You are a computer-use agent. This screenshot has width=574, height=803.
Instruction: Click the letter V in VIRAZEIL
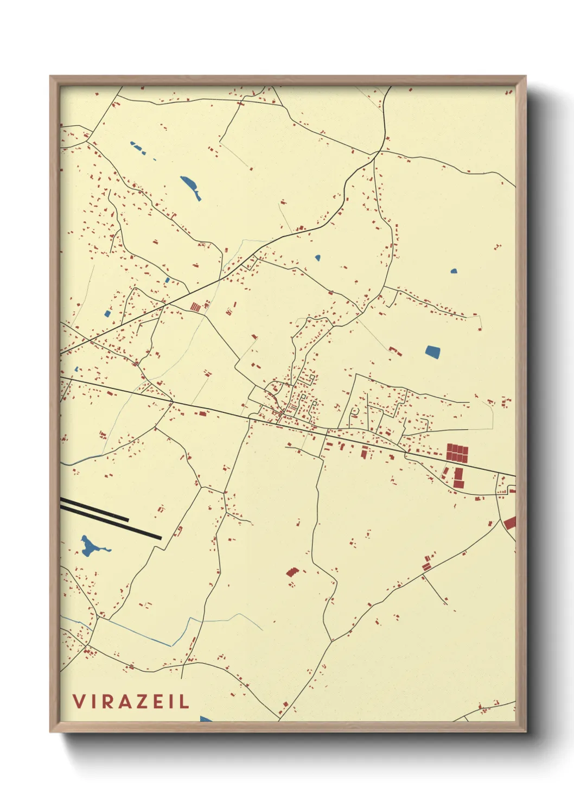pos(79,701)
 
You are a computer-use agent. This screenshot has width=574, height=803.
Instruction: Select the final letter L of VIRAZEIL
pos(184,701)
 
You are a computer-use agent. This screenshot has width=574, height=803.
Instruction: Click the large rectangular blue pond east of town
pos(432,352)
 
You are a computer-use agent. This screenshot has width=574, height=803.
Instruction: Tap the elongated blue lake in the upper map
pos(191,187)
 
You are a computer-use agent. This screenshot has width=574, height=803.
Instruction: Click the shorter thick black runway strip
pos(95,510)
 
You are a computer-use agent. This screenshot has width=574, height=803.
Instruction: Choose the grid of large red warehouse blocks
pos(457,452)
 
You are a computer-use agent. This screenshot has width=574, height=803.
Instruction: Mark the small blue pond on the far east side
pos(454,271)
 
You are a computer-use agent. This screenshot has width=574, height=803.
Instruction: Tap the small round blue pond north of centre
pos(317,258)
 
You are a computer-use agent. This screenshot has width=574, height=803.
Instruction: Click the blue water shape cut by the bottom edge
pos(206,719)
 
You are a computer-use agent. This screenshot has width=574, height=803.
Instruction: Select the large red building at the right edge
pos(510,523)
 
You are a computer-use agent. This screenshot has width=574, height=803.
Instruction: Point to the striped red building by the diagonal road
pos(195,307)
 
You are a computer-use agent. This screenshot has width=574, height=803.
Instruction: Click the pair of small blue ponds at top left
pos(137,148)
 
